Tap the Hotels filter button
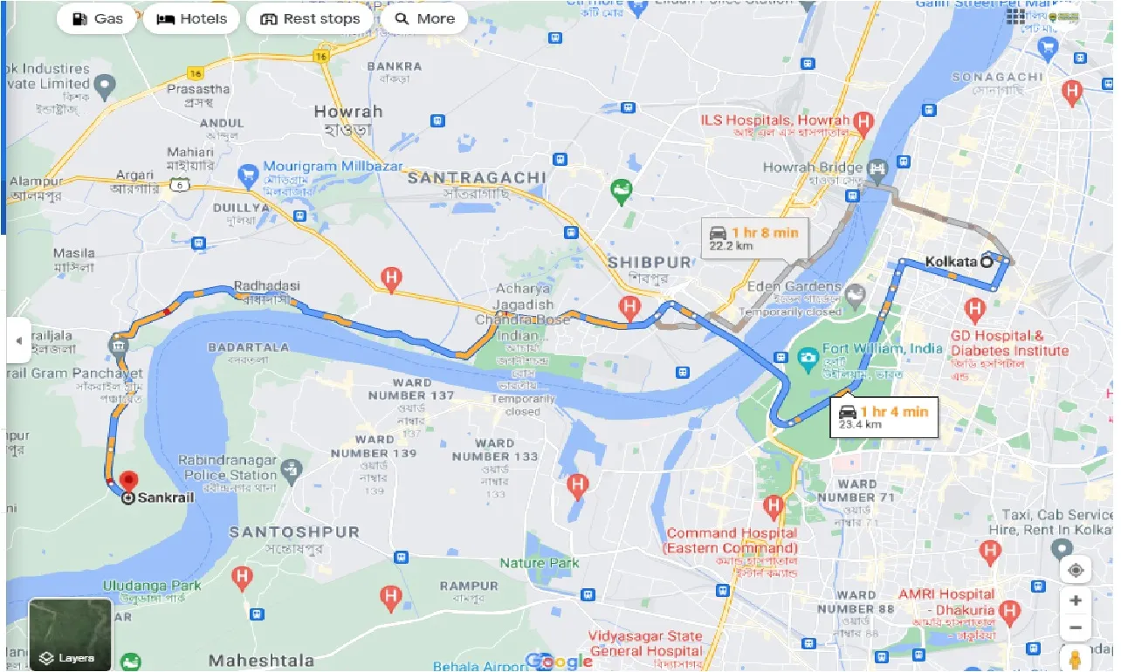[x=191, y=18]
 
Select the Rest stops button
[x=310, y=18]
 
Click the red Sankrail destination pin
[x=129, y=482]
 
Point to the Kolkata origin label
[x=950, y=260]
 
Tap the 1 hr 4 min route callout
[x=884, y=416]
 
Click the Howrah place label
[x=348, y=112]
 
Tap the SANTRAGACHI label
[x=478, y=177]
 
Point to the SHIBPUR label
[x=650, y=262]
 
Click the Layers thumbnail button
[x=70, y=634]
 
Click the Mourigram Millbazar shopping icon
[x=248, y=171]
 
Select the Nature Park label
[x=540, y=563]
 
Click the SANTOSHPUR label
[x=294, y=531]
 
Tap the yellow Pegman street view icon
[x=1076, y=656]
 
